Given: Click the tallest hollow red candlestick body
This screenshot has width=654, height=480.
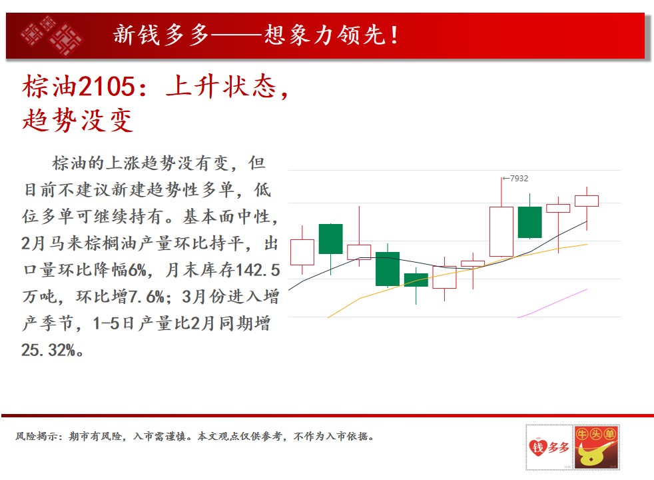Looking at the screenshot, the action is click(x=501, y=231).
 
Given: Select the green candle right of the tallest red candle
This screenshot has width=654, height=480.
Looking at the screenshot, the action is click(x=529, y=222).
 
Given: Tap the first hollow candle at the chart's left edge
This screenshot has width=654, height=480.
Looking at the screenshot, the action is click(x=302, y=252).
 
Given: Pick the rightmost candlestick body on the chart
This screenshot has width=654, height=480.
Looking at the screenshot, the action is click(x=587, y=201).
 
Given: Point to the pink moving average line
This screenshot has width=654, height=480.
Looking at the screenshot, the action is click(x=552, y=303).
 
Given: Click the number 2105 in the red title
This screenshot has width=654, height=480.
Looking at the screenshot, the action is click(x=107, y=87).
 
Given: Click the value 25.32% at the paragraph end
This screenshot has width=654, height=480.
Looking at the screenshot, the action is click(x=49, y=350).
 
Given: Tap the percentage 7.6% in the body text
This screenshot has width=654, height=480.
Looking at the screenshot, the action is click(x=146, y=297).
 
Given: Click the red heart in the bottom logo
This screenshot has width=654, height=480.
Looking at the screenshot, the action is click(x=537, y=447).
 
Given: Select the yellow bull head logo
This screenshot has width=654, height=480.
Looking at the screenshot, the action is click(x=596, y=447).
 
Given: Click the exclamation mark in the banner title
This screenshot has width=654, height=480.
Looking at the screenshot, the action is click(x=394, y=35).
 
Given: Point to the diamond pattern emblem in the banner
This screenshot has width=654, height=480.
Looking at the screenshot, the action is click(x=52, y=35).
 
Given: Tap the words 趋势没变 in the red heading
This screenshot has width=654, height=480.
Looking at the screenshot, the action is click(x=78, y=120).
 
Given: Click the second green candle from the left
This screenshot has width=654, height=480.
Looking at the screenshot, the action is click(x=388, y=269).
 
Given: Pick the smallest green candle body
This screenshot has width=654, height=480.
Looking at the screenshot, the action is click(x=416, y=279).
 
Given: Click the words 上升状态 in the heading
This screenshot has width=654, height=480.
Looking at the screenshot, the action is click(x=221, y=87).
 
